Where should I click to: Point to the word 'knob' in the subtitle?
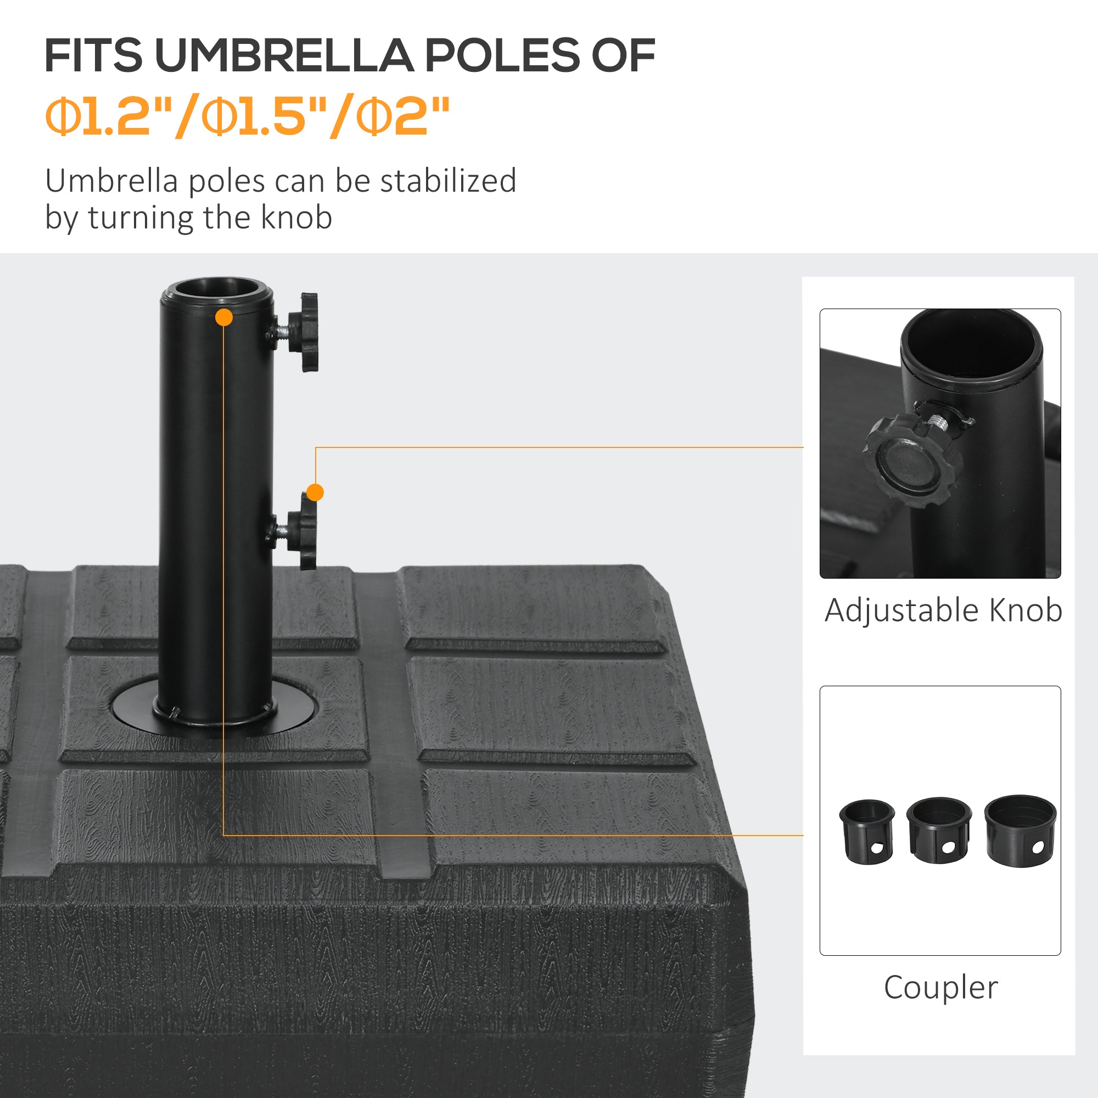296,217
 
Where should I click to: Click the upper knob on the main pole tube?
304,333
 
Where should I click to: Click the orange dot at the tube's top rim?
224,317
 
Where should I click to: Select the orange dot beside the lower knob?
315,492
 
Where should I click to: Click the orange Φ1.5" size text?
259,116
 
